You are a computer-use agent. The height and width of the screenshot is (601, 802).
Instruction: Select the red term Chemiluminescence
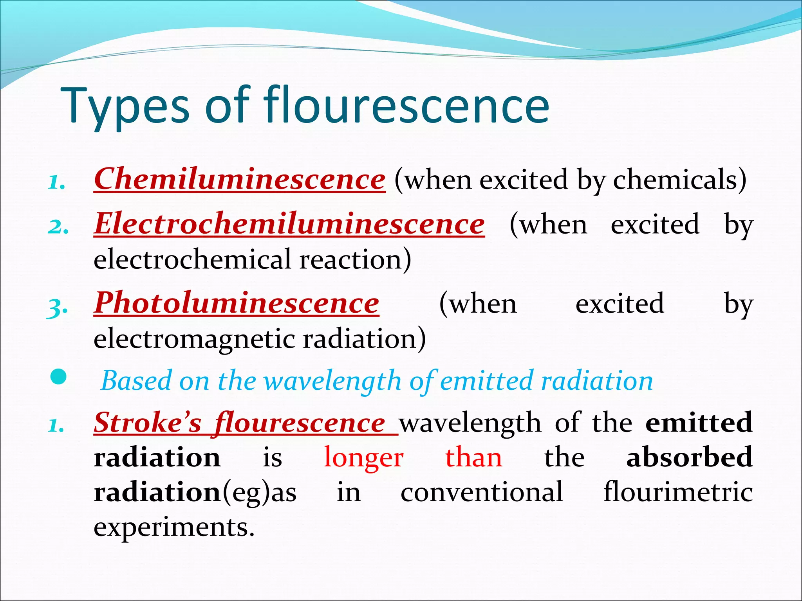240,179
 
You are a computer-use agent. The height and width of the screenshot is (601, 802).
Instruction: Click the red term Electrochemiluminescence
289,224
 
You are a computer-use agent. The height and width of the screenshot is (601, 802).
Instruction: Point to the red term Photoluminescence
237,303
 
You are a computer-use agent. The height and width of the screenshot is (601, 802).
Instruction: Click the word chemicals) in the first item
680,180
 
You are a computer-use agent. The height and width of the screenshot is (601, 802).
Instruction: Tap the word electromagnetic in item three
194,338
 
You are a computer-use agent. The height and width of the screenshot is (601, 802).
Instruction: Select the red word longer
364,458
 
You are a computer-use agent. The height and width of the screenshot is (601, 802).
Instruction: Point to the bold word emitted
699,423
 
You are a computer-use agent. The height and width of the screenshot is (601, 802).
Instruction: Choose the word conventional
482,492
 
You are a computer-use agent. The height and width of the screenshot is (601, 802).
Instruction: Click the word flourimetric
678,492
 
